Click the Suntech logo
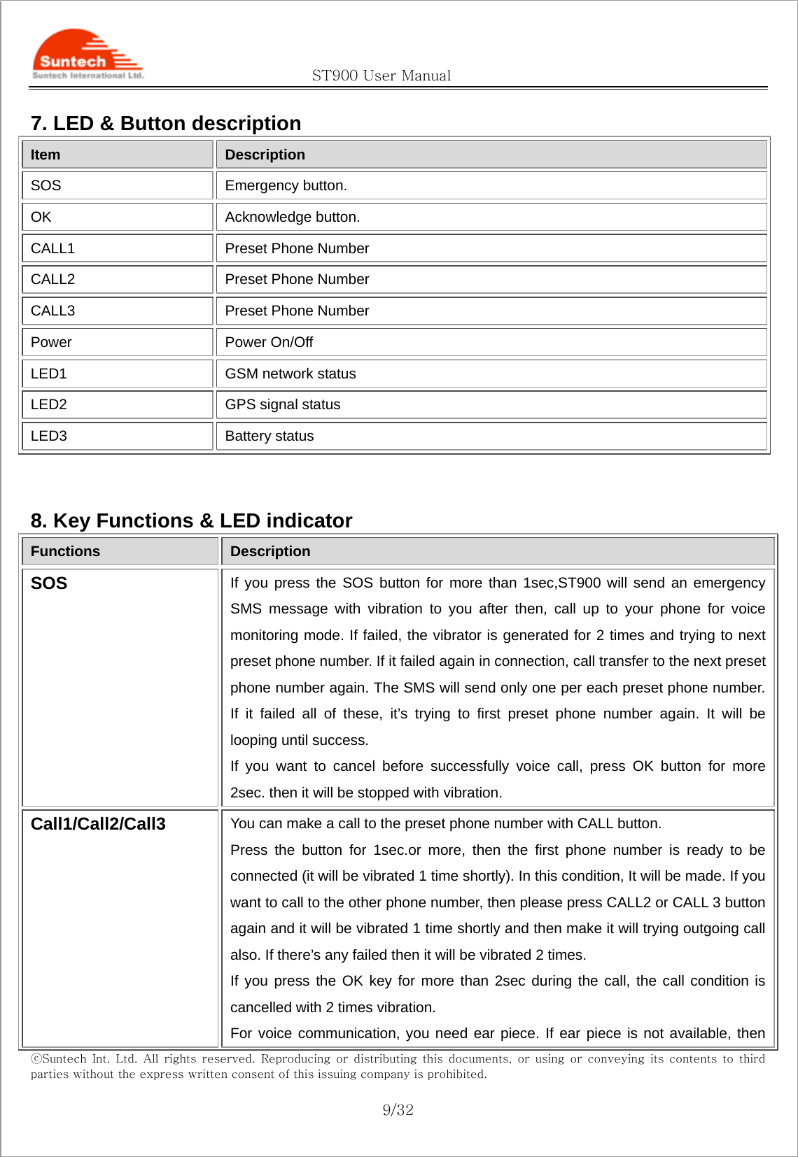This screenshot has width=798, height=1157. click(x=87, y=55)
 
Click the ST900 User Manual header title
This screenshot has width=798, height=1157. click(x=381, y=76)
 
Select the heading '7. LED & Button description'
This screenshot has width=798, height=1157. click(x=166, y=123)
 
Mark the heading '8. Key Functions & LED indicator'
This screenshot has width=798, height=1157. click(x=191, y=520)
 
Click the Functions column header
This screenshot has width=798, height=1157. click(x=65, y=551)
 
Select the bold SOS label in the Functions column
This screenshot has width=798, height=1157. click(x=49, y=583)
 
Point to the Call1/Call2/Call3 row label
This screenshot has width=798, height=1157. click(x=98, y=824)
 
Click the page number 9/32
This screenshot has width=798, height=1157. click(x=398, y=1110)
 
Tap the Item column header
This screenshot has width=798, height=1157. click(x=45, y=155)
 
